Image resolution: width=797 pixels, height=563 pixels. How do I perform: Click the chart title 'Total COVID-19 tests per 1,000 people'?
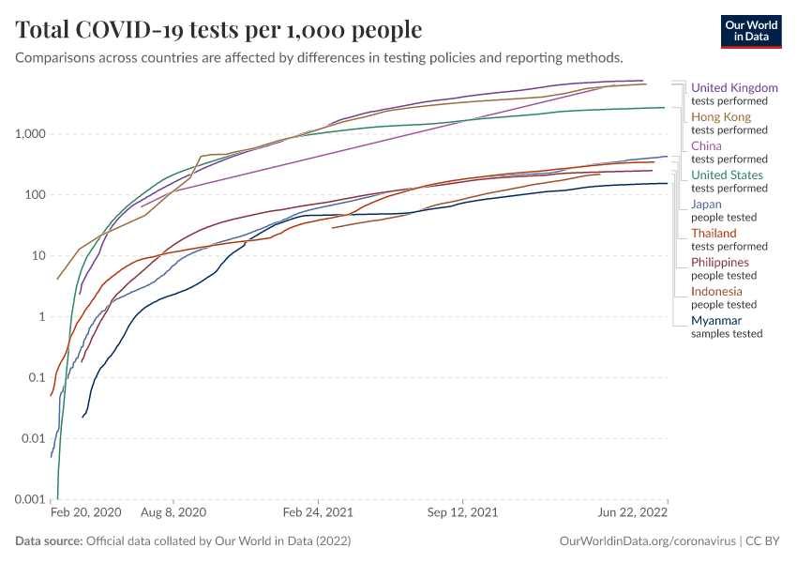tap(218, 30)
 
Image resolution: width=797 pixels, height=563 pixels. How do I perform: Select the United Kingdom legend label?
tap(734, 88)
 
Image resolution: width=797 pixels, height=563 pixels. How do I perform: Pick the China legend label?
tap(706, 146)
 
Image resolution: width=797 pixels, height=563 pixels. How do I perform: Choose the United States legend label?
tap(727, 175)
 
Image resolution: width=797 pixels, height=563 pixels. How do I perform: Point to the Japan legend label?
tap(706, 205)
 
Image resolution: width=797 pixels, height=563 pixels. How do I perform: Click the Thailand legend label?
tap(714, 234)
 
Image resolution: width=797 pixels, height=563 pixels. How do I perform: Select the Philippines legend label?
tap(720, 263)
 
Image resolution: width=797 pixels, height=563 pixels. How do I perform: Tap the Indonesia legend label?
tap(717, 292)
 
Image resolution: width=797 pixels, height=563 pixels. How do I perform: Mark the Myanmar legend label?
tap(716, 321)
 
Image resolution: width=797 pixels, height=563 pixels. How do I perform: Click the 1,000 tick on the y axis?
tap(31, 134)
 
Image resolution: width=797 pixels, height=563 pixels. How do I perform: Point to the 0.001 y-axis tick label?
tap(31, 499)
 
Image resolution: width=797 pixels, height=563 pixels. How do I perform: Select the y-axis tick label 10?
tap(38, 256)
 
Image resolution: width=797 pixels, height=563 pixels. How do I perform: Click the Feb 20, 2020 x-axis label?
tap(85, 514)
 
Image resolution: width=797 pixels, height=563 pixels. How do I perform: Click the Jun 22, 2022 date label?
tap(633, 514)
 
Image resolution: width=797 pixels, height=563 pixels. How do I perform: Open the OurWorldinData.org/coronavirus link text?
tap(646, 541)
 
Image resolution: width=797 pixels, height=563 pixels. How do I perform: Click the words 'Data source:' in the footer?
tap(49, 541)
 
